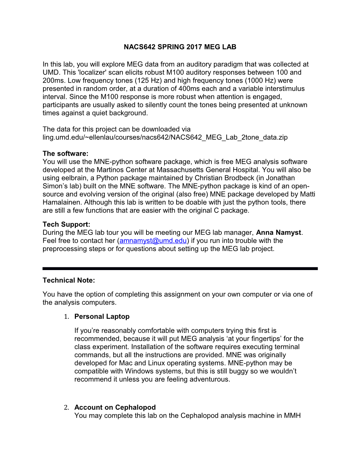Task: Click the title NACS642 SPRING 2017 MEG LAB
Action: (180, 47)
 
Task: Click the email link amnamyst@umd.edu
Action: (153, 241)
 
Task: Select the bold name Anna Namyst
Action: (279, 233)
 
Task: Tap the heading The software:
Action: (65, 154)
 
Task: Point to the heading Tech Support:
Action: (66, 225)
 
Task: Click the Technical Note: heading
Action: (69, 280)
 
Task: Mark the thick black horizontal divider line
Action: (180, 269)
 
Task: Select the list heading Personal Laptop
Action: (102, 317)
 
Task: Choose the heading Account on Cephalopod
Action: (115, 407)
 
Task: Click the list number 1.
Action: (66, 317)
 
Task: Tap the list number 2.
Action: (66, 407)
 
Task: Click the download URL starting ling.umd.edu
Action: (165, 137)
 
